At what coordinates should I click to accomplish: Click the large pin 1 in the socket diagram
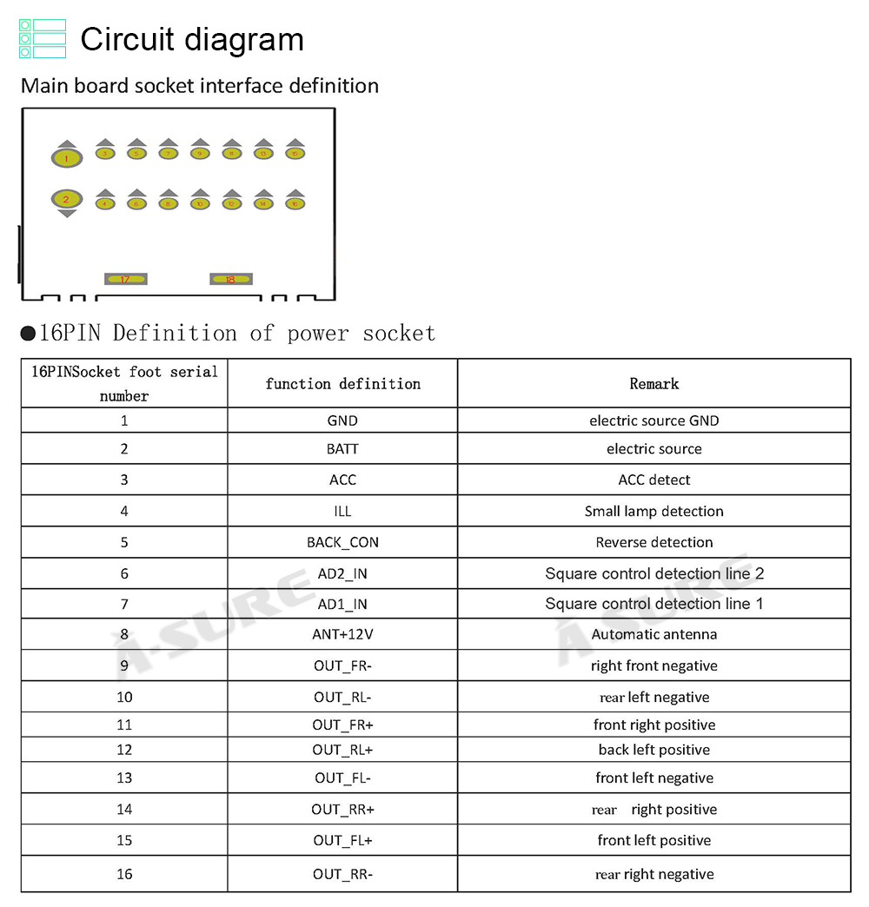pos(66,158)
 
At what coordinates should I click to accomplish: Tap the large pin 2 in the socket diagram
pos(66,199)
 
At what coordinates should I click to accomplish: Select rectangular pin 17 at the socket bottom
pos(125,279)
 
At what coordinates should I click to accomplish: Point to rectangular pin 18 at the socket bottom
pos(230,279)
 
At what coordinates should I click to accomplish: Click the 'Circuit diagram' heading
pos(192,39)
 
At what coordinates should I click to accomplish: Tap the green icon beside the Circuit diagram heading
pos(42,39)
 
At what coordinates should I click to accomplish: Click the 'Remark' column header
pos(653,383)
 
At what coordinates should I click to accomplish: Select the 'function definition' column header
pos(342,383)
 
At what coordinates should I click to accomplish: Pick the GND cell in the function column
pos(342,420)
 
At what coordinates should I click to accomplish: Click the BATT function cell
pos(342,449)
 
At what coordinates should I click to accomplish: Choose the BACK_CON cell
pos(342,542)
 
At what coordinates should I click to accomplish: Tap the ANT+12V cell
pos(342,634)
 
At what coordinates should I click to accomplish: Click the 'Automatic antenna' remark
pos(653,634)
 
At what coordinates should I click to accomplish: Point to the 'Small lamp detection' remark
pos(653,511)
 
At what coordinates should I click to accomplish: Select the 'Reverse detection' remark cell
pos(653,542)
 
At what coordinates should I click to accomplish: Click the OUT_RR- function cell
pos(342,874)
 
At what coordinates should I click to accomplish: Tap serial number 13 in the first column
pos(124,778)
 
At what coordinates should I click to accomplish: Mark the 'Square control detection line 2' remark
pos(653,573)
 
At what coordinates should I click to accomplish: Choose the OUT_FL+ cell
pos(342,840)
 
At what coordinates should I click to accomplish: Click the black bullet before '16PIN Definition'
pos(29,334)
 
